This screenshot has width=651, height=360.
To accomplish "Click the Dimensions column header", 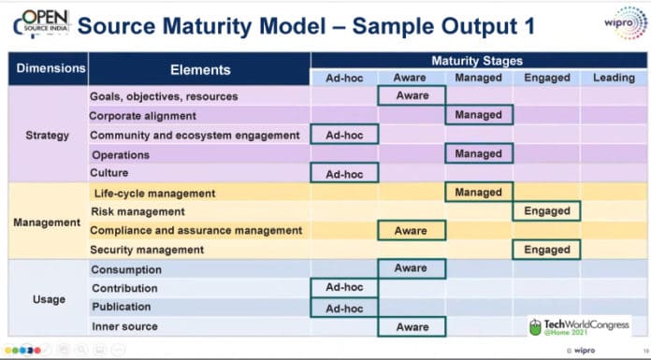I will pos(49,68).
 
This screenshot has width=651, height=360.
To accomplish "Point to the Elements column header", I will pos(199,69).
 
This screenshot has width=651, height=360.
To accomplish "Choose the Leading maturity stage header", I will pos(613,78).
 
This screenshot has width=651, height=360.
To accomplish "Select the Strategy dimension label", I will pos(48,135).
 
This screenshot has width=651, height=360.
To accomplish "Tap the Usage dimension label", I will pos(48,299).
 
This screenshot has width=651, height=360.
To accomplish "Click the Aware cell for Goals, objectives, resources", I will pos(412,95).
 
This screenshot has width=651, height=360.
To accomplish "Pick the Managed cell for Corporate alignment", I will pos(479,115).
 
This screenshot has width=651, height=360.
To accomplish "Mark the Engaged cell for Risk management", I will pos(546,211).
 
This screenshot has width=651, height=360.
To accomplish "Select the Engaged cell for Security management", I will pos(546,250).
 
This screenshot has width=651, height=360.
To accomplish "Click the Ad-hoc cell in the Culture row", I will pos(344,174).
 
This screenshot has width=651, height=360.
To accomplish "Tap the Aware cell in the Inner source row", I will pos(412,327).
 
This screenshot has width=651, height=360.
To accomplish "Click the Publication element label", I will pos(123,307).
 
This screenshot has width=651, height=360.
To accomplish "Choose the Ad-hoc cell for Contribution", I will pos(344,288).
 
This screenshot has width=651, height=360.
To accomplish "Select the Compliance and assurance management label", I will pos(195,230).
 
